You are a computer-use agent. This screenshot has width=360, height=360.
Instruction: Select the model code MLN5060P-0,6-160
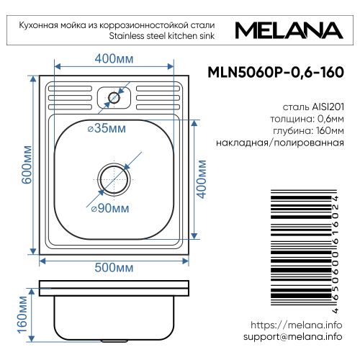point(274,73)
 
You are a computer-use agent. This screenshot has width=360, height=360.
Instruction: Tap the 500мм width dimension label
point(114,267)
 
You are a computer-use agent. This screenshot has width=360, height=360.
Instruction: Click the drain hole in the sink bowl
point(114,176)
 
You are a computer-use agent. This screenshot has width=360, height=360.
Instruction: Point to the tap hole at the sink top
point(113,96)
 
